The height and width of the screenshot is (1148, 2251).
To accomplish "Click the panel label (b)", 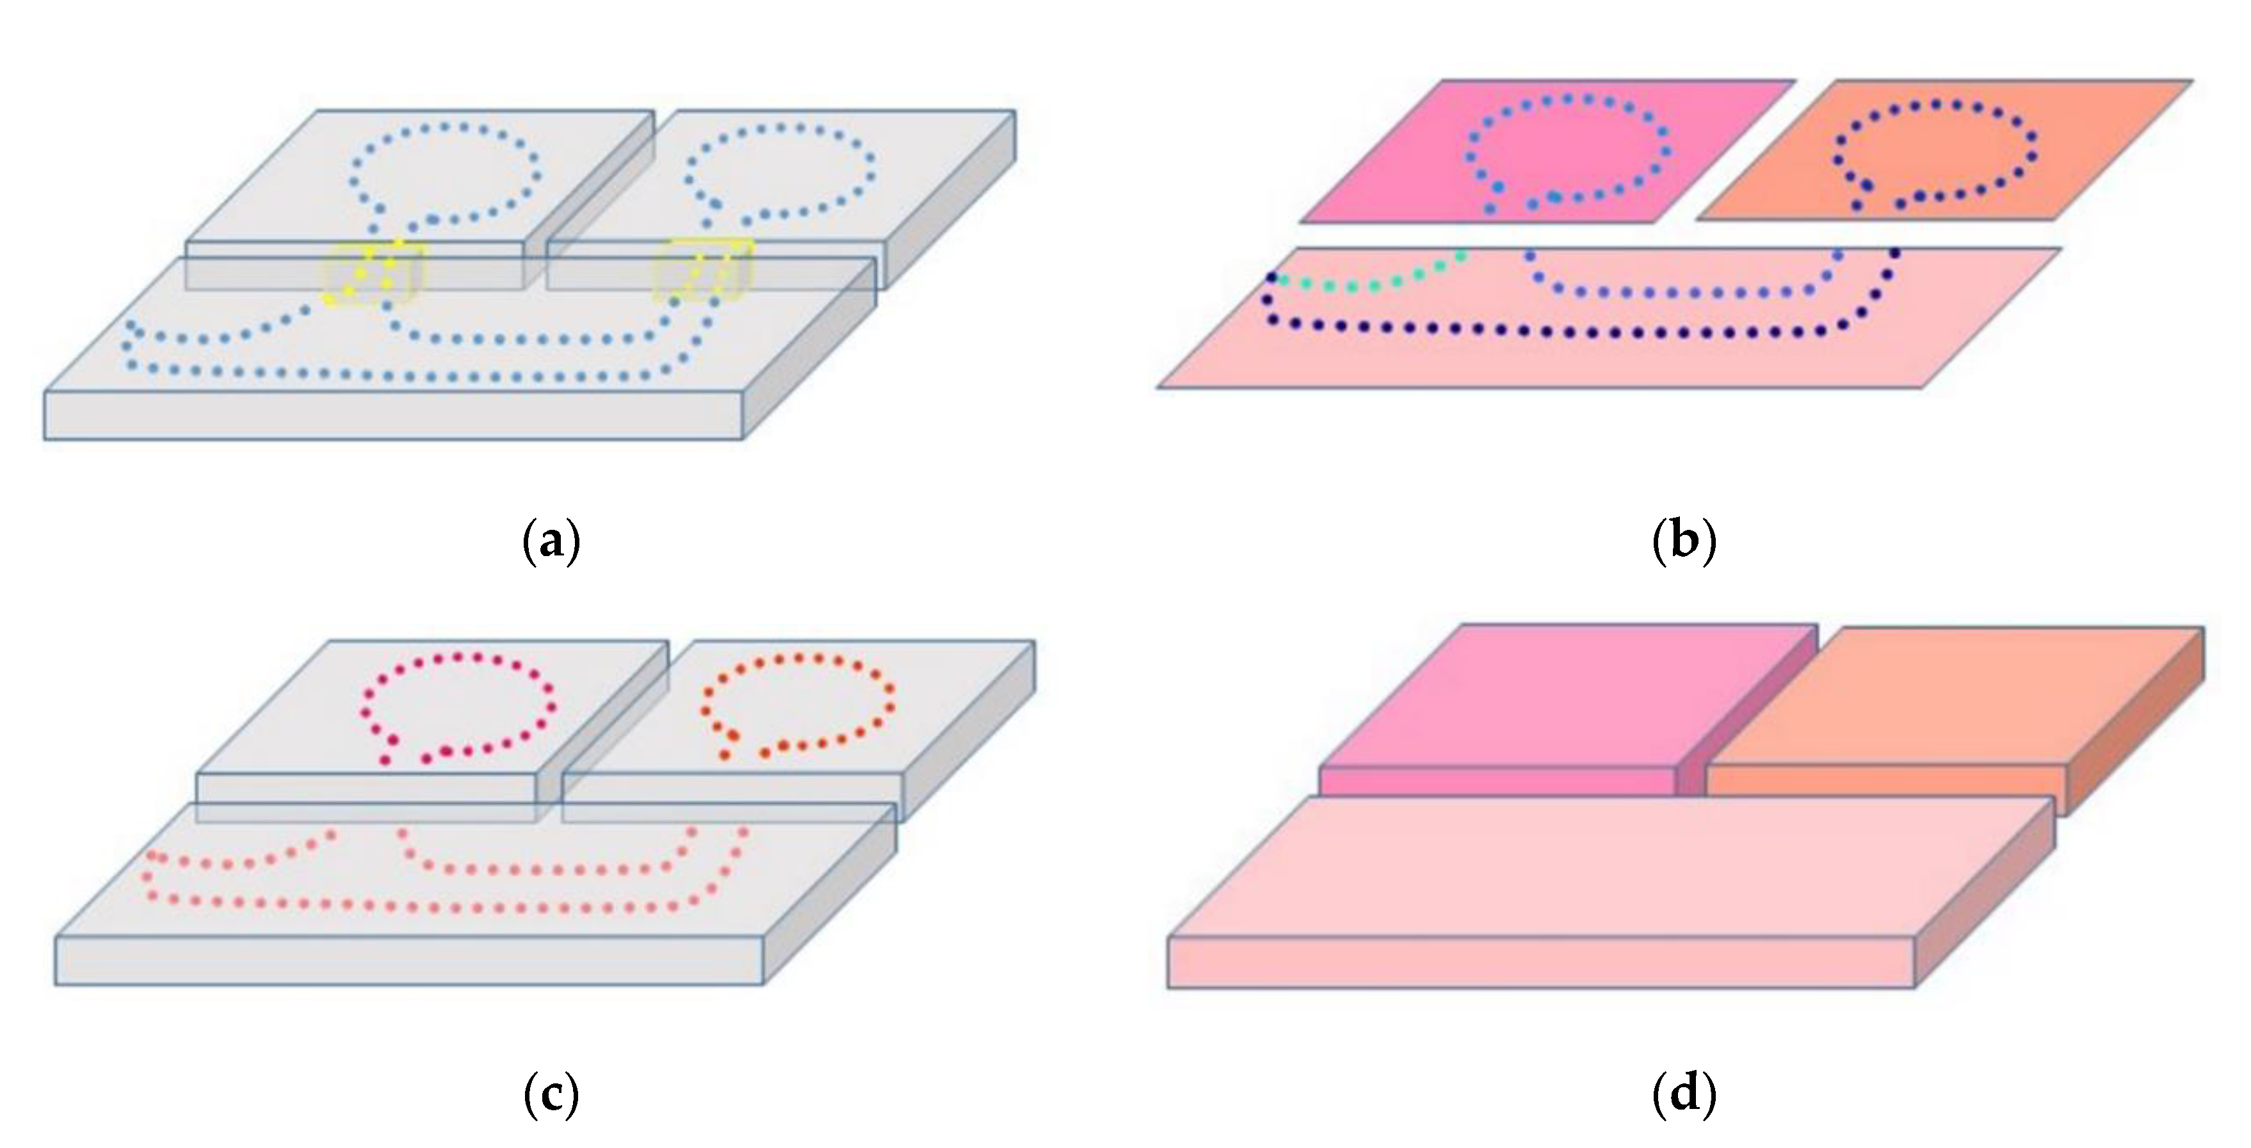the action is [1684, 541].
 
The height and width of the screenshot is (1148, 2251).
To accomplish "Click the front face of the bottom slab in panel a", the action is [393, 416].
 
